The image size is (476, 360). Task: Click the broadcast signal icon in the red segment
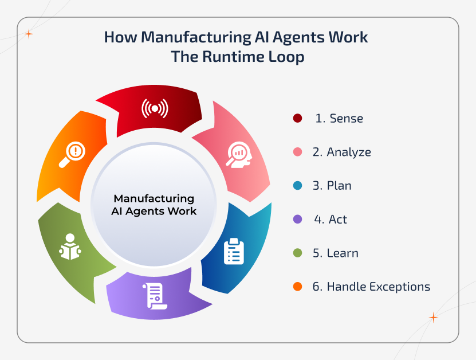(155, 108)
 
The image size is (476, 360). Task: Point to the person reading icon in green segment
(70, 246)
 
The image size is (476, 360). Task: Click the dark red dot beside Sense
(297, 119)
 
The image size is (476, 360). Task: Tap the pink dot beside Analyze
(297, 152)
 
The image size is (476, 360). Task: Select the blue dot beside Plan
(297, 186)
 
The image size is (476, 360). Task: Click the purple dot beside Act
(297, 220)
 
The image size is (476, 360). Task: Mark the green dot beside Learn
(297, 253)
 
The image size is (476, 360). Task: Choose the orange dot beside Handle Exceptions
(297, 287)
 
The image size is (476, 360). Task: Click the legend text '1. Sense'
(339, 119)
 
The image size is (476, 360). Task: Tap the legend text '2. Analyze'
(342, 152)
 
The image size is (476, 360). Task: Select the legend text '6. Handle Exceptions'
(371, 287)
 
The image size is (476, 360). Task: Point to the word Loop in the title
(285, 57)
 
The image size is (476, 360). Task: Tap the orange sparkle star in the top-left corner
(29, 34)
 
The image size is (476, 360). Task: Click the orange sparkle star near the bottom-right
(434, 317)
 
